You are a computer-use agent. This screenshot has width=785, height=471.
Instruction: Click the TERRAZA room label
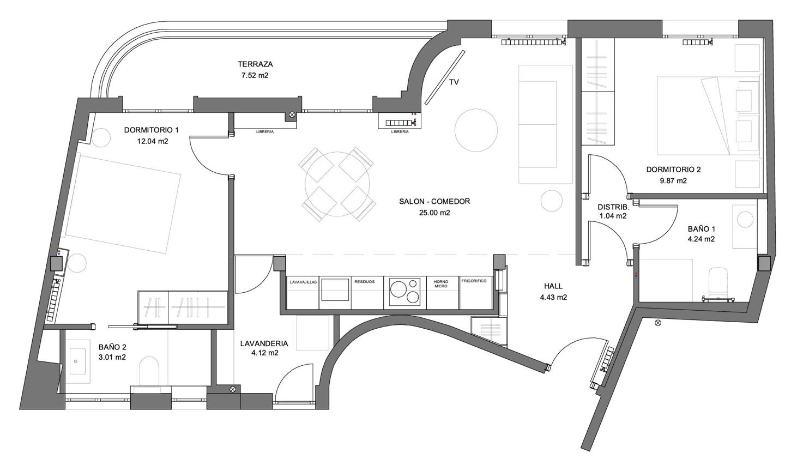(x=255, y=64)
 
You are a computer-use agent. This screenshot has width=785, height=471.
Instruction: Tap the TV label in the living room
(x=454, y=82)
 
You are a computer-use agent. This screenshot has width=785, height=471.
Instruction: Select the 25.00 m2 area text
(x=434, y=213)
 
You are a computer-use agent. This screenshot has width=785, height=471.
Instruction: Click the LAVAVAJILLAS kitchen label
(x=303, y=282)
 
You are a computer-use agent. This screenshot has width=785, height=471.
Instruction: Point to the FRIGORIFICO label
(x=474, y=281)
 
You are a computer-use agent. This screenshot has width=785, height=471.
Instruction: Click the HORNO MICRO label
(x=441, y=284)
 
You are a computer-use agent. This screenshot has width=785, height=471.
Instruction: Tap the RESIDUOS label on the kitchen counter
(x=365, y=282)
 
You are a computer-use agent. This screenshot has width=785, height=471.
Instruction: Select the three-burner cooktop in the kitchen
(x=405, y=293)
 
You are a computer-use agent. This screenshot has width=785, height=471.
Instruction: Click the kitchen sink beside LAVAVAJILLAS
(x=335, y=289)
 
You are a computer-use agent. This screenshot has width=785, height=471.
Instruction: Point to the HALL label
(x=553, y=286)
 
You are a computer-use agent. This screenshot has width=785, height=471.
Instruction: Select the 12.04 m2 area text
(x=153, y=141)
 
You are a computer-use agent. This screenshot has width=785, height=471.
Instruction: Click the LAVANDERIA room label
(x=264, y=344)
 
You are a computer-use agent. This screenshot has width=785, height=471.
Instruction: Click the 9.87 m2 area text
(x=673, y=181)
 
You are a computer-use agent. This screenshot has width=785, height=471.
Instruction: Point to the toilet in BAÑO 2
(x=149, y=371)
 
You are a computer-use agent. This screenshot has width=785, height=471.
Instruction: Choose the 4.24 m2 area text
(x=701, y=239)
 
